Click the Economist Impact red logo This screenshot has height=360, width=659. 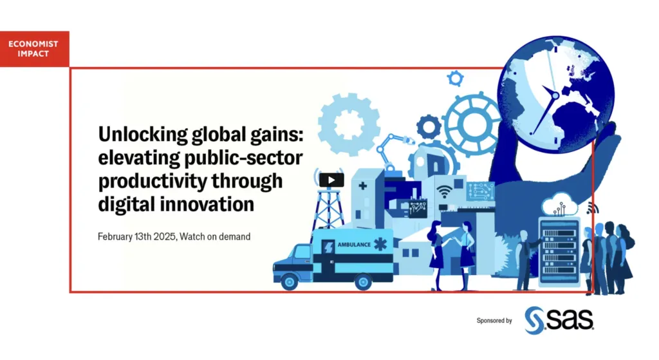[x=34, y=49]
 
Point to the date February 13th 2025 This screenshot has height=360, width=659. [x=137, y=236]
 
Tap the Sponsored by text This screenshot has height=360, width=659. [x=494, y=320]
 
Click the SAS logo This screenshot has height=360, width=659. [x=559, y=318]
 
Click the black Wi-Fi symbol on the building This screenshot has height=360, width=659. [x=443, y=191]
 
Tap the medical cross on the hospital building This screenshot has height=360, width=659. [x=364, y=186]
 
